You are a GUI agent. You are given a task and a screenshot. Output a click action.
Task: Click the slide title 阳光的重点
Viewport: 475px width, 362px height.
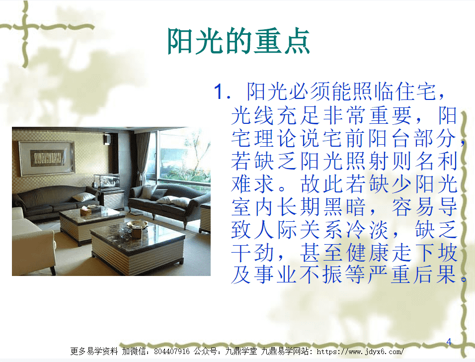(x=238, y=41)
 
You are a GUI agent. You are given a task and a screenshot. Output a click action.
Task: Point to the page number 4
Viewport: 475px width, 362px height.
(x=449, y=342)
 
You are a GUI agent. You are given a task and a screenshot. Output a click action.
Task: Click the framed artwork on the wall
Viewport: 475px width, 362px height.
(x=47, y=158)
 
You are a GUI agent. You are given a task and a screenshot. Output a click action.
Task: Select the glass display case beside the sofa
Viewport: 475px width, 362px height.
(x=107, y=181)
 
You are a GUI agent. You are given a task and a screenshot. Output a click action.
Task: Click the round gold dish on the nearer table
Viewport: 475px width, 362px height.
(x=137, y=225)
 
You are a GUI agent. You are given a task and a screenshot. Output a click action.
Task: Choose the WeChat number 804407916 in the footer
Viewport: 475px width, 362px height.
(x=172, y=352)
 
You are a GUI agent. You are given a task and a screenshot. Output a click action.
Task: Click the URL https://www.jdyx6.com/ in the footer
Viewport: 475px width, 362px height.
(x=360, y=352)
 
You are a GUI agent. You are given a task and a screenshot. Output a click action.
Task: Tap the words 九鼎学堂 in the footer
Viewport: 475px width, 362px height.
(x=241, y=352)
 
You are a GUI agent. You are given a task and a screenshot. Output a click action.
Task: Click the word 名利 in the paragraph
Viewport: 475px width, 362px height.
(x=436, y=161)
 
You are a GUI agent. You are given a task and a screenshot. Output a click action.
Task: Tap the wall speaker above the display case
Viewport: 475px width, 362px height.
(x=107, y=139)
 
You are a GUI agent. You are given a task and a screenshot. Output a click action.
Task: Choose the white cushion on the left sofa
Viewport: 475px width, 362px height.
(x=83, y=197)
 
